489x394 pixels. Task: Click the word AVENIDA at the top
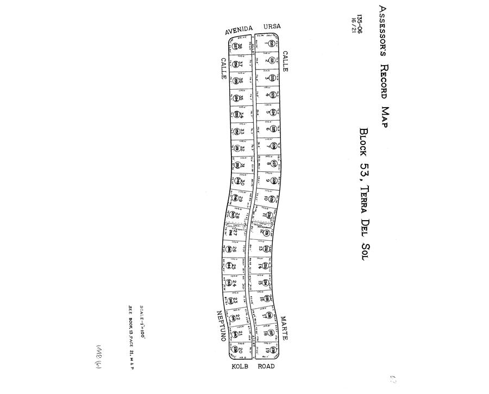239,29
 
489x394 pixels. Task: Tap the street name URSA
272,27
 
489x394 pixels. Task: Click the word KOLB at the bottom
241,366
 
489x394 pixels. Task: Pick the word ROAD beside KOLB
266,366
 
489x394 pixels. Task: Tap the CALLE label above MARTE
285,62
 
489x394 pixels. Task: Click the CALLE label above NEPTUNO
223,69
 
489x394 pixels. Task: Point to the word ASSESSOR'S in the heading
383,30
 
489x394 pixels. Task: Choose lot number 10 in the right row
267,199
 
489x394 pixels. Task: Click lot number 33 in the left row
242,132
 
